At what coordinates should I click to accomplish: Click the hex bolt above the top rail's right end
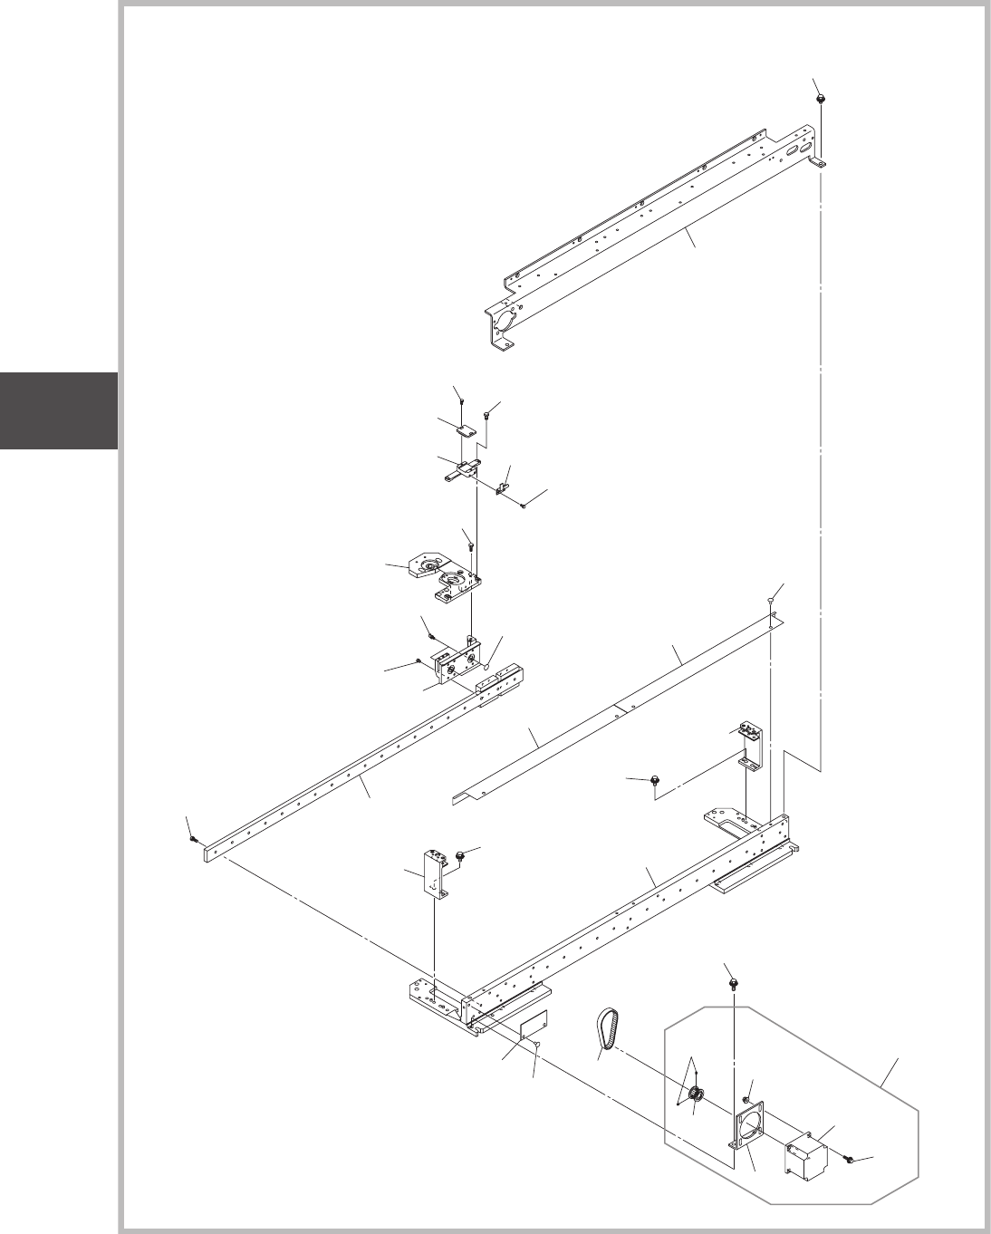coord(820,97)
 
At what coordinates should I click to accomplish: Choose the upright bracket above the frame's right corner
coord(751,747)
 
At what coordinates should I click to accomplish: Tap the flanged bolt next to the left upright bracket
coord(461,854)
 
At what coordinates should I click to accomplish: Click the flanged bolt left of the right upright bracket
coord(654,778)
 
